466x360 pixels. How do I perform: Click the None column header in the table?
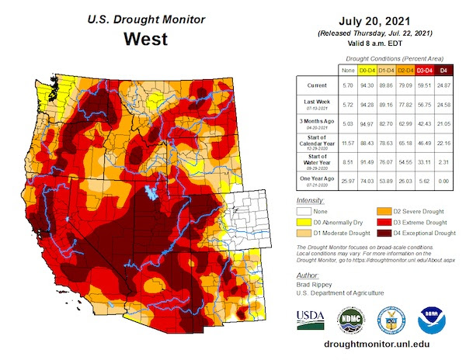click(x=349, y=71)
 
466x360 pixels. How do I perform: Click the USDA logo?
click(x=311, y=319)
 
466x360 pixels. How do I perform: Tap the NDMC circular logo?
click(x=349, y=319)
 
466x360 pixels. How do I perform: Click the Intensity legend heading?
click(x=310, y=200)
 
